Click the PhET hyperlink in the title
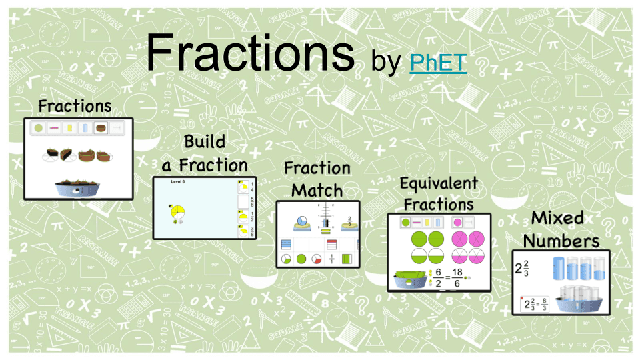point(438,63)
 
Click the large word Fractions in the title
point(250,53)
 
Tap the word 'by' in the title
point(386,63)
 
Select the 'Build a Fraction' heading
point(205,153)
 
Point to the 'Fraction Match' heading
point(317,179)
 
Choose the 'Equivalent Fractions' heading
point(438,193)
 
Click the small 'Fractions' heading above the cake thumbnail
point(75,106)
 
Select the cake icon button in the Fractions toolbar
point(101,127)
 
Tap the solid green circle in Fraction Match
point(301,259)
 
